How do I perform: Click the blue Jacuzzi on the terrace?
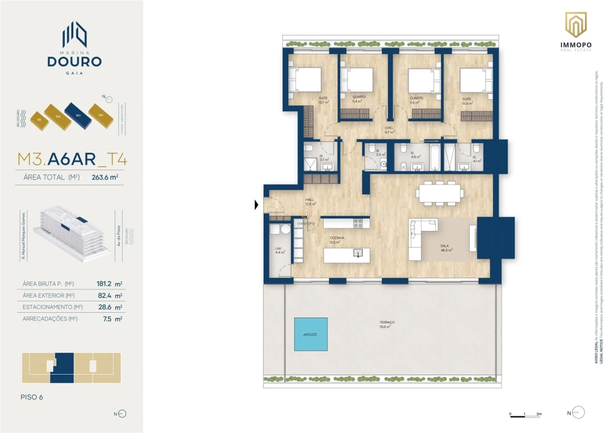(x=311, y=334)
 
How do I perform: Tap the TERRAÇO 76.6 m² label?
(x=387, y=325)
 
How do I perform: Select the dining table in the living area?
(x=441, y=193)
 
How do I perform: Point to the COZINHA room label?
(x=336, y=239)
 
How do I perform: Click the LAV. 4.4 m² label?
(x=279, y=250)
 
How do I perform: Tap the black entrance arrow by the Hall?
(x=256, y=205)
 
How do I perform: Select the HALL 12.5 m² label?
(x=310, y=201)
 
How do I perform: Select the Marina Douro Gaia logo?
(x=74, y=48)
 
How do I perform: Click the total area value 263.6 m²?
(x=105, y=177)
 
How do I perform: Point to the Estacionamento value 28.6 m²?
(x=110, y=307)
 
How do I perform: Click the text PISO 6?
(x=31, y=397)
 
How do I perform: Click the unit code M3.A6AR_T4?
(x=71, y=159)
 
